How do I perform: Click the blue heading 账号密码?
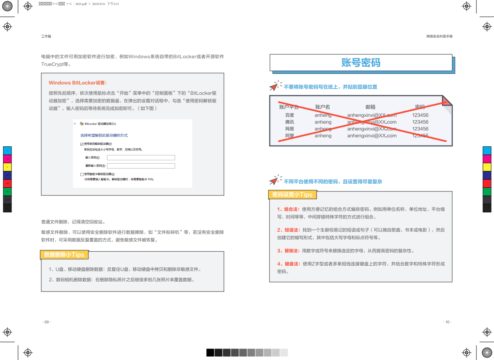click(x=361, y=62)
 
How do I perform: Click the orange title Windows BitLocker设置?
click(x=77, y=82)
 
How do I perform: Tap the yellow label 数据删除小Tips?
click(x=64, y=255)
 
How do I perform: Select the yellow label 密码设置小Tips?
click(x=292, y=194)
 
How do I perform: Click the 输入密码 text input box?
click(x=141, y=157)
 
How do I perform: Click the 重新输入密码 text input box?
click(x=141, y=166)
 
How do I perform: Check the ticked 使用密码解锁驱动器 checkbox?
click(x=82, y=144)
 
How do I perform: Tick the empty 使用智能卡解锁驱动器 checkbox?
click(x=82, y=174)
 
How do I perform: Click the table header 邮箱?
click(x=370, y=107)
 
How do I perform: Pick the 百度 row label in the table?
click(x=289, y=115)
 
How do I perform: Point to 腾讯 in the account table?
click(x=289, y=122)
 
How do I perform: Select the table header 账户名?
click(x=323, y=107)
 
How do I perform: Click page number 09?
click(x=46, y=322)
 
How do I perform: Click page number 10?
click(x=447, y=322)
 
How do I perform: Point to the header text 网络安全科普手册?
click(x=439, y=36)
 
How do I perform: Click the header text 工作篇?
click(x=46, y=36)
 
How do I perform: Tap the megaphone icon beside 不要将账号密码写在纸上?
click(x=274, y=86)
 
